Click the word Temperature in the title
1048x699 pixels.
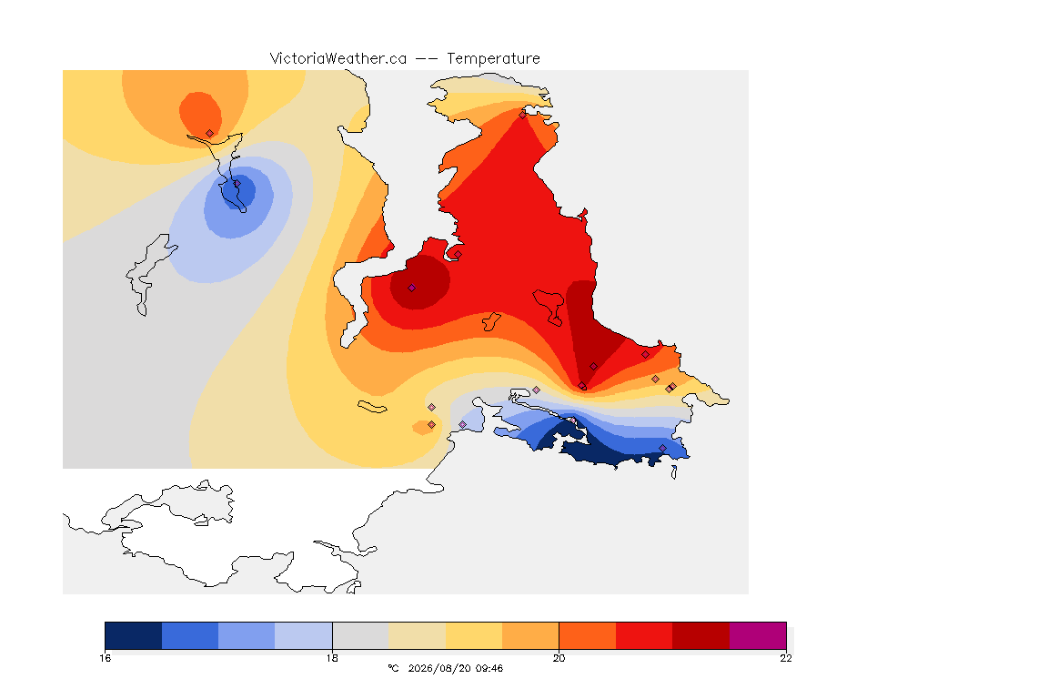pyautogui.click(x=493, y=59)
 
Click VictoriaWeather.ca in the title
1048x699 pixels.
pyautogui.click(x=338, y=59)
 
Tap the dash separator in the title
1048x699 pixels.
pyautogui.click(x=427, y=59)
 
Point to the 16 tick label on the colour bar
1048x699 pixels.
pyautogui.click(x=105, y=658)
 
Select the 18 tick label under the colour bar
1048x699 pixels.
pyautogui.click(x=332, y=658)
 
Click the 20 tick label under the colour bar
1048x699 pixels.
pyautogui.click(x=559, y=658)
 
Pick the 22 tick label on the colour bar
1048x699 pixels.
pyautogui.click(x=786, y=658)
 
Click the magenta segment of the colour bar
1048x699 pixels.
pyautogui.click(x=758, y=635)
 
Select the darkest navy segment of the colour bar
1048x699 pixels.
pyautogui.click(x=134, y=635)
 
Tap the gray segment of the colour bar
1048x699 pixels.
pyautogui.click(x=360, y=635)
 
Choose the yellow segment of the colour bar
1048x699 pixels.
pyautogui.click(x=474, y=635)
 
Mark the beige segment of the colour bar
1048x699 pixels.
pyautogui.click(x=417, y=635)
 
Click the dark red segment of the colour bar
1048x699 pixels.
pyautogui.click(x=701, y=635)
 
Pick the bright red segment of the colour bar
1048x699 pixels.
pyautogui.click(x=644, y=635)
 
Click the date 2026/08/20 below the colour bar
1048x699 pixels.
pyautogui.click(x=439, y=668)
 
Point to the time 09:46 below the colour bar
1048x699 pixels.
pyautogui.click(x=489, y=668)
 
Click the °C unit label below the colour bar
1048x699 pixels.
pyautogui.click(x=393, y=668)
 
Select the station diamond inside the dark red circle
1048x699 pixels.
pyautogui.click(x=412, y=289)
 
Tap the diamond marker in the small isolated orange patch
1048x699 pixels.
pyautogui.click(x=432, y=425)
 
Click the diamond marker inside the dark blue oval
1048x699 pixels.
pyautogui.click(x=237, y=184)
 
